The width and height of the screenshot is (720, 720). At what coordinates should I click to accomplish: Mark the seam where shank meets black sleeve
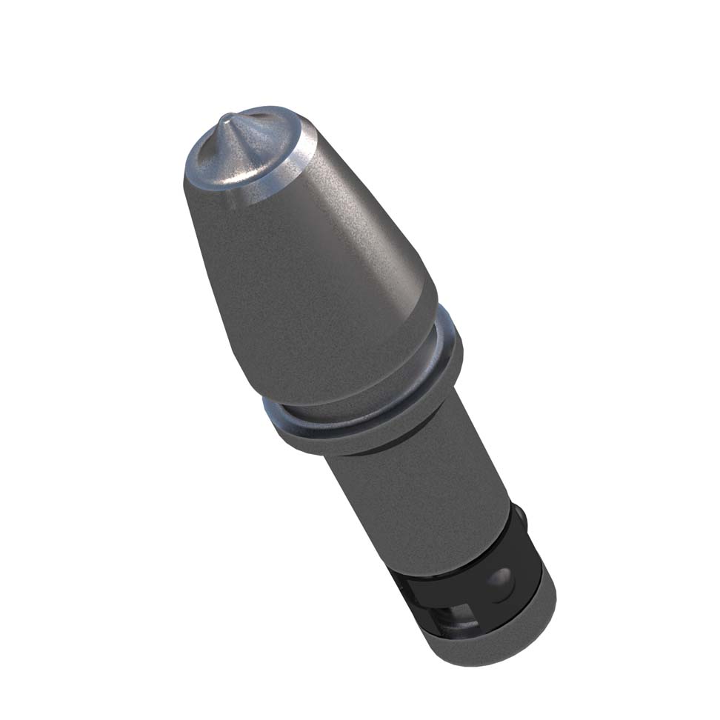[x=452, y=544]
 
